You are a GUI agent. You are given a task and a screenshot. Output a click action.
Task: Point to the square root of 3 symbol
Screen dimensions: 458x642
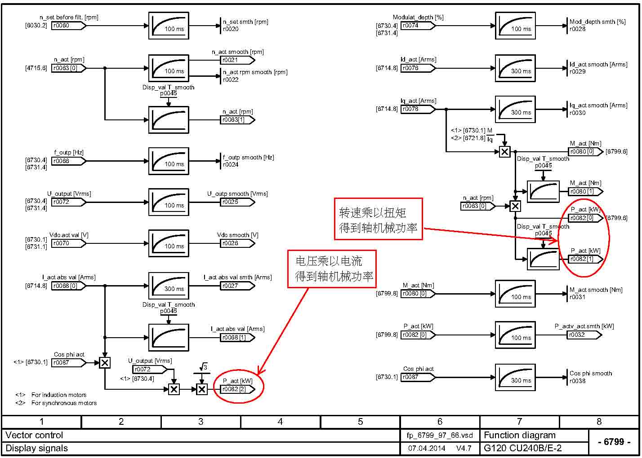point(204,368)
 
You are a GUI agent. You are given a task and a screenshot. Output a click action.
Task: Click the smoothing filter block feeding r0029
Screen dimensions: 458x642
point(515,68)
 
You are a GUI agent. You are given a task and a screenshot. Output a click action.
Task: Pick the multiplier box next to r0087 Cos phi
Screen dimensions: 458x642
point(105,362)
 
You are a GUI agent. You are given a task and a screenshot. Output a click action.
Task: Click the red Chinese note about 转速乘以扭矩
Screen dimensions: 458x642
point(378,219)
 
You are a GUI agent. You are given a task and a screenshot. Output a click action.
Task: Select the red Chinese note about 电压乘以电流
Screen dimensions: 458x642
point(332,268)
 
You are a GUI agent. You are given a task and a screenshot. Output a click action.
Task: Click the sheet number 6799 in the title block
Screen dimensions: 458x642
point(614,442)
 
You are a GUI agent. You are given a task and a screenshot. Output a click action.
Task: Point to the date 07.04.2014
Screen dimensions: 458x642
point(427,448)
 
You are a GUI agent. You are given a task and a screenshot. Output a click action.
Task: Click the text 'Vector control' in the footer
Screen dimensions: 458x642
point(35,435)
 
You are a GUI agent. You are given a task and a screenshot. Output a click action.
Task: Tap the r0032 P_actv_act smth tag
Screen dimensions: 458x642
point(583,335)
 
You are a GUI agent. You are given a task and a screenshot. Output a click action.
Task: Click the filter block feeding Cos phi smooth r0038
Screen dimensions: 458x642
point(515,378)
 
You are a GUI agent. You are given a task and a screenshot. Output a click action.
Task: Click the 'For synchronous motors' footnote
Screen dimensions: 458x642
point(64,403)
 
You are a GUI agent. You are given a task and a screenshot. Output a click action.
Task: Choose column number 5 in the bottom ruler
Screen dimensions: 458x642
point(360,422)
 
